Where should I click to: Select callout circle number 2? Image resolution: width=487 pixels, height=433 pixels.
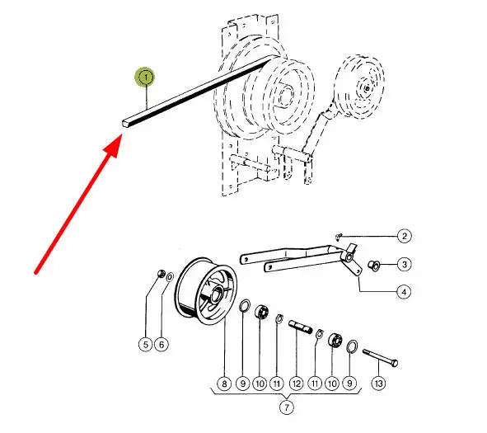[x=404, y=236]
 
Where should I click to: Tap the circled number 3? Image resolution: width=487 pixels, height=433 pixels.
[x=404, y=264]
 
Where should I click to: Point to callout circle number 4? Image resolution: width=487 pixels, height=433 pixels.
[x=404, y=292]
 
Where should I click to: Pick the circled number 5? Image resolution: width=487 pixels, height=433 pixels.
[x=145, y=345]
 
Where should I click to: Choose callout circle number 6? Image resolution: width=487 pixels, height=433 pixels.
[x=162, y=345]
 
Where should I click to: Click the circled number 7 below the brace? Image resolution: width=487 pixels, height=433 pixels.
[x=287, y=407]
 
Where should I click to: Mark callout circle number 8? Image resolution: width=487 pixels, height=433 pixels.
[x=225, y=384]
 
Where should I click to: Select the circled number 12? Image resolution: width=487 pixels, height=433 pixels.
[x=296, y=384]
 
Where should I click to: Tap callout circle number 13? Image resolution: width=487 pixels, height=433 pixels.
[x=378, y=384]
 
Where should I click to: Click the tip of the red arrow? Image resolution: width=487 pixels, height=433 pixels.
[x=121, y=134]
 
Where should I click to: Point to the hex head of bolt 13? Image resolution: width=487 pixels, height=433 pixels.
[x=394, y=363]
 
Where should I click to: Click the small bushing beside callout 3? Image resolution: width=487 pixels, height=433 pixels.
[x=374, y=266]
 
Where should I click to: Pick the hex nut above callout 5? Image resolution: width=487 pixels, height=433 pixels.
[x=161, y=274]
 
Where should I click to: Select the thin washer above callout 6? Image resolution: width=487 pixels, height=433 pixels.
[x=170, y=276]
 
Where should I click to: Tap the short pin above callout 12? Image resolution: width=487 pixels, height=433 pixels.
[x=300, y=327]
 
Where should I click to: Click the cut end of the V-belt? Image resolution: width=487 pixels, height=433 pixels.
[x=125, y=122]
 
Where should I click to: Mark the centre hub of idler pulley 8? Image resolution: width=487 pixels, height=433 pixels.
[x=217, y=294]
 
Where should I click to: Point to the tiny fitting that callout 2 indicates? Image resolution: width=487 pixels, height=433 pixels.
[x=339, y=237]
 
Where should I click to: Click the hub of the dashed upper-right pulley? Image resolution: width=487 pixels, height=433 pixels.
[x=368, y=88]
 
